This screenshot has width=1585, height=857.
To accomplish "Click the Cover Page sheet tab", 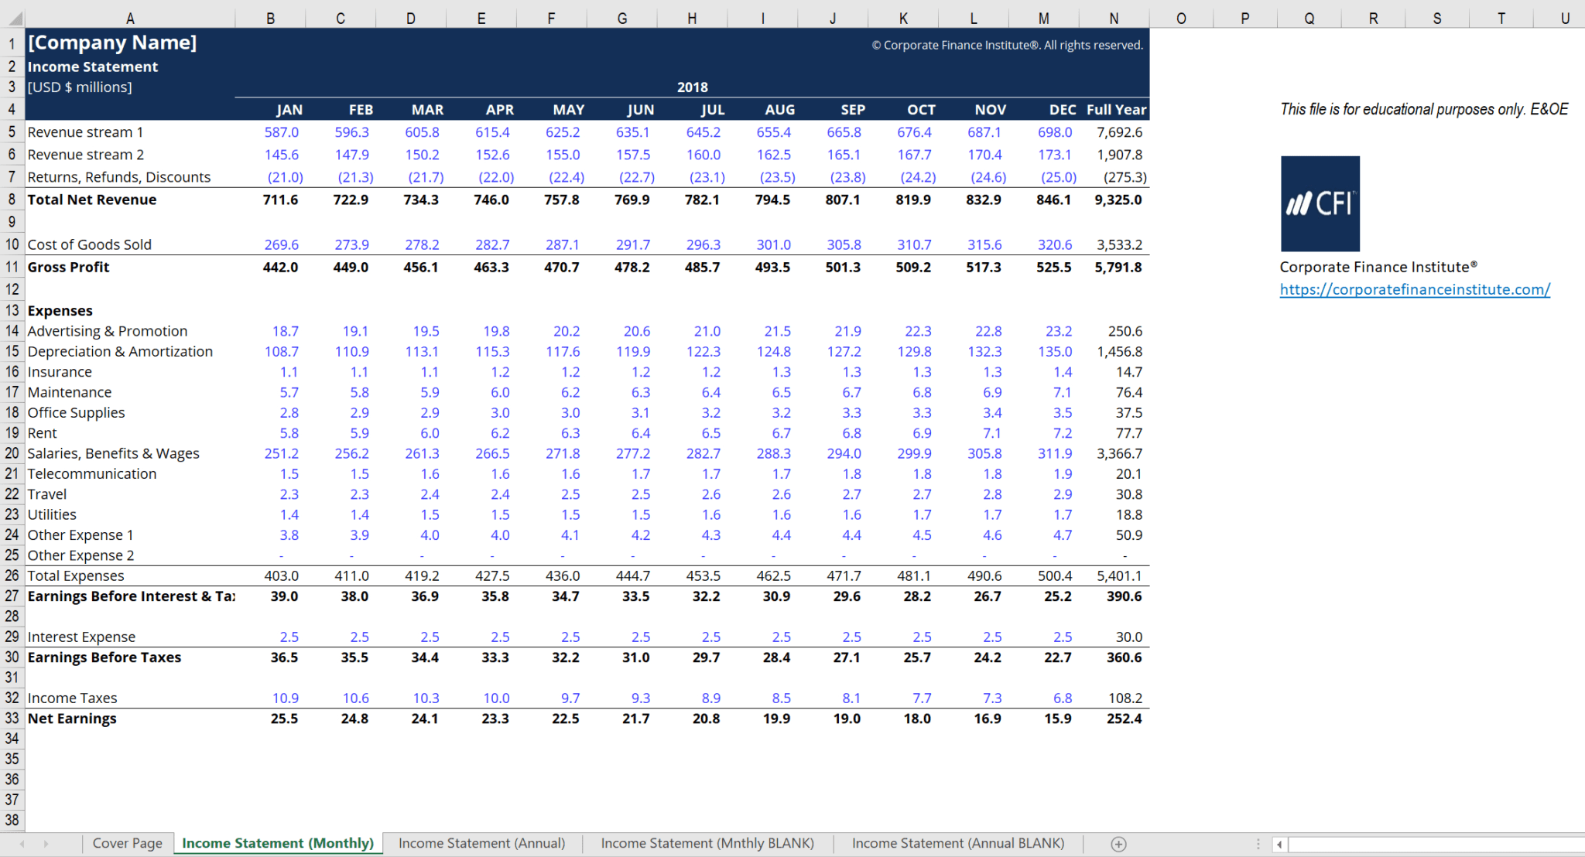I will pos(127,843).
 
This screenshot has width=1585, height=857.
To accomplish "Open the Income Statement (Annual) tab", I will pos(481,843).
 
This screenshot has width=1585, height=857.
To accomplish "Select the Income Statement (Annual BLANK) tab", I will pos(957,843).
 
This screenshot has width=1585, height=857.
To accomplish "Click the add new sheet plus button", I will pos(1118,844).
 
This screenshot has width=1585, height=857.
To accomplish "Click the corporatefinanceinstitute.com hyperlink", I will pos(1414,289).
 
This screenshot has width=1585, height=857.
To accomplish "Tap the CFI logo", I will pos(1320,203).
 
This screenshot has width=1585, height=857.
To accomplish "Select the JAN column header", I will pos(289,110).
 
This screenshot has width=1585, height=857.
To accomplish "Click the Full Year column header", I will pos(1116,110).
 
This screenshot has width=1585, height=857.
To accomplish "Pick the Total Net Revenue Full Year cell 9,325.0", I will pos(1118,200).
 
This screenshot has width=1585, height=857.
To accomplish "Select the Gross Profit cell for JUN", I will pos(632,267).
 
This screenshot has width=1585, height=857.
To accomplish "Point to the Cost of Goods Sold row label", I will pos(90,244).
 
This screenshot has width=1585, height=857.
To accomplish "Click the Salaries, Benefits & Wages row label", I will pos(114,453).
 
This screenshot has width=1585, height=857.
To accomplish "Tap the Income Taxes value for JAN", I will pos(285,698).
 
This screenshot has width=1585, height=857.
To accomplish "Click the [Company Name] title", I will pos(112,43).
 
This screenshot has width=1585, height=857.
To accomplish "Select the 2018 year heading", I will pos(692,87).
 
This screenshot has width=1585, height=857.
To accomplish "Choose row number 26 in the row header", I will pos(12,575).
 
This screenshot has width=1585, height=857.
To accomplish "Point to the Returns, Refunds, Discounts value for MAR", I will pos(426,177).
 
